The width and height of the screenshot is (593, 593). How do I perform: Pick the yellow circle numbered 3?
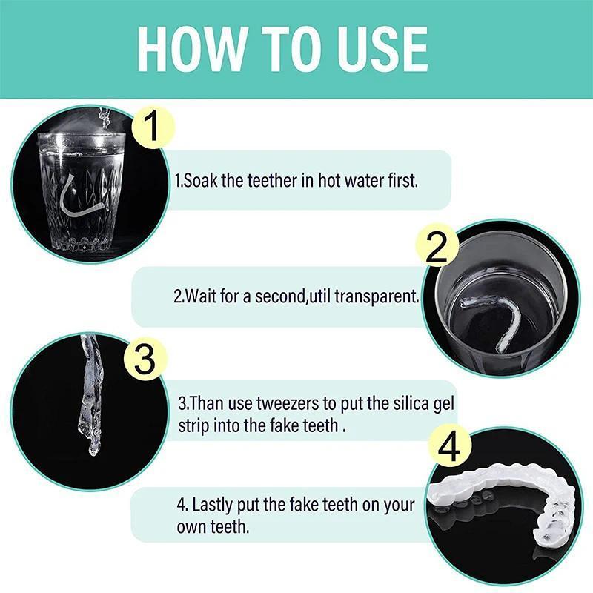coord(146,360)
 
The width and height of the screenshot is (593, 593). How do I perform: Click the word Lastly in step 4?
coord(211,506)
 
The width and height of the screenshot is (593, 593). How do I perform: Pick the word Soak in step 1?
coord(202,180)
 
